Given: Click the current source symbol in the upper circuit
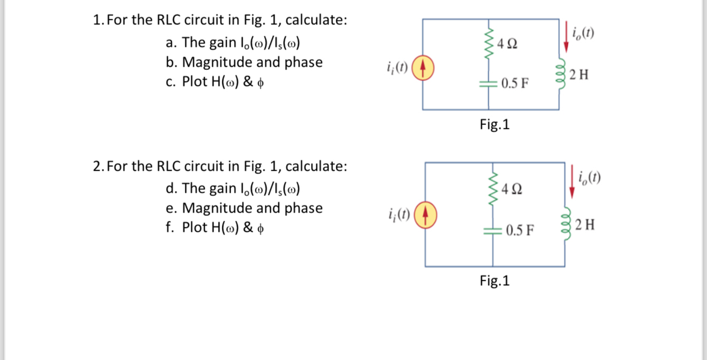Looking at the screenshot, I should (422, 69).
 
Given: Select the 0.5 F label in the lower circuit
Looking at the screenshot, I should (519, 230).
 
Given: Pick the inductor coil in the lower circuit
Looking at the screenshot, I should (564, 224).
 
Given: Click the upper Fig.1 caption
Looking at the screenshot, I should (494, 125).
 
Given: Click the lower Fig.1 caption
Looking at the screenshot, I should (494, 281).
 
